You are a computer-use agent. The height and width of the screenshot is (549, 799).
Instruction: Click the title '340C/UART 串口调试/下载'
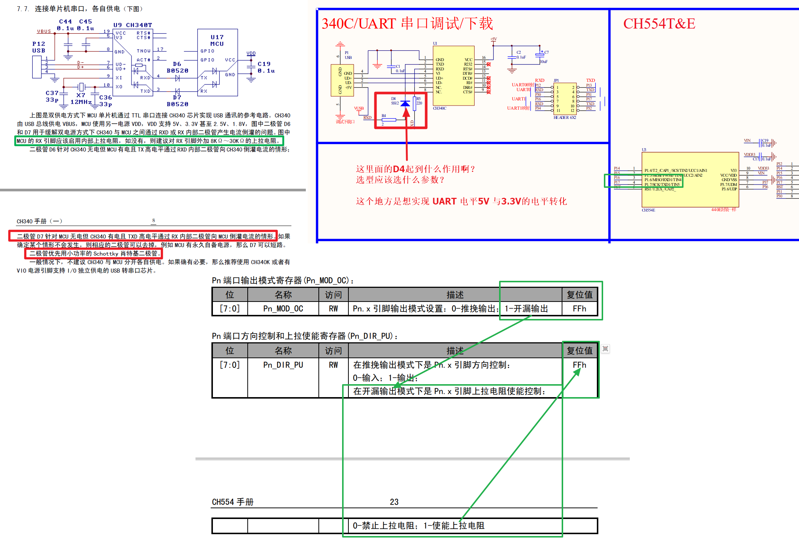coord(407,23)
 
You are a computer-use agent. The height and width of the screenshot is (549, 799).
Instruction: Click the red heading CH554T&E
coord(659,24)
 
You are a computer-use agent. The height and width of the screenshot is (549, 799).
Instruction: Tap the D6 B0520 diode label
coord(177,67)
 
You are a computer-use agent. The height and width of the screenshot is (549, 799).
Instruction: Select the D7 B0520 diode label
coord(177,101)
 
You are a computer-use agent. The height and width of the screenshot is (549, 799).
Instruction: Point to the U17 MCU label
coord(217,40)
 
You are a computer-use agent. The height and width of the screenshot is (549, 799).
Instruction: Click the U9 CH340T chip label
coord(133,25)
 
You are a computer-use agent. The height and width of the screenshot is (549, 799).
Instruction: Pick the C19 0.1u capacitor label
coord(266,67)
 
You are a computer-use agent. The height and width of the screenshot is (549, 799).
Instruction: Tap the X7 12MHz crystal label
coord(81,99)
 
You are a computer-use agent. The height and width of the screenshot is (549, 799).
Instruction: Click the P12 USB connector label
coord(39,47)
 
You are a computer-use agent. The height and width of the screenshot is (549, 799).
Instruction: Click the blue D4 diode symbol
coord(405,103)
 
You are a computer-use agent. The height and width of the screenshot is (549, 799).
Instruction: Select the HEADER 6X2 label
coord(565,117)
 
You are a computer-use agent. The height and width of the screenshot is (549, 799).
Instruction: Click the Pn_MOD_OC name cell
coord(283,309)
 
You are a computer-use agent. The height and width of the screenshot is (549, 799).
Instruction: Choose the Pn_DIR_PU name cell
coord(283,365)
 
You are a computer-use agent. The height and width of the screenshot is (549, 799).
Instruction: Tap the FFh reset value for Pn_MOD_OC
coord(579,309)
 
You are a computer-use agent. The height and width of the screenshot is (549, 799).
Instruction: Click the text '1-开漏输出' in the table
coord(526,309)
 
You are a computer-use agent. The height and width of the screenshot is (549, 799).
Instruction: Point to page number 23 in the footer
coord(394,502)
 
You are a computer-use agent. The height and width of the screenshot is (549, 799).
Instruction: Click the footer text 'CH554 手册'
coord(233,502)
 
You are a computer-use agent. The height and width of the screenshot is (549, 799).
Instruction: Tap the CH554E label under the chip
coord(648,210)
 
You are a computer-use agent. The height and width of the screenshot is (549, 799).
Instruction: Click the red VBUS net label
coord(44,31)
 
